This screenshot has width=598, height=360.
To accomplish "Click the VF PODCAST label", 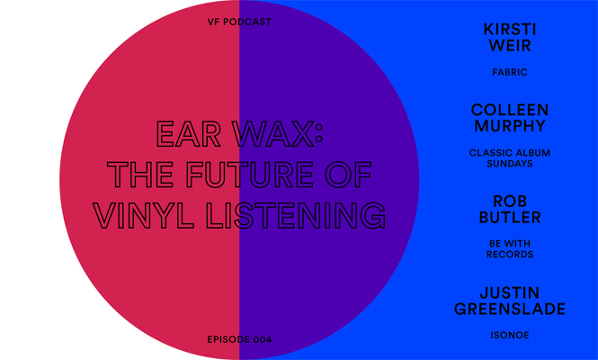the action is tap(239, 22).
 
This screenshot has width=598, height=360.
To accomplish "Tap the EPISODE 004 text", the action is tap(239, 339).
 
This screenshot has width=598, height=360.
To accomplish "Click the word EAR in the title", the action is tap(189, 134).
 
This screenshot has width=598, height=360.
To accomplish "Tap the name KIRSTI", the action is tap(510, 30).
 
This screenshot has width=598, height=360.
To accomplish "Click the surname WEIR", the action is tap(510, 45).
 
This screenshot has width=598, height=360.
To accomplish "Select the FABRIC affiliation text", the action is tap(510, 72).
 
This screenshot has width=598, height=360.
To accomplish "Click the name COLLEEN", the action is tap(510, 110).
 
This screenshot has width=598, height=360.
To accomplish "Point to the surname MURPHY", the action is tap(510, 126).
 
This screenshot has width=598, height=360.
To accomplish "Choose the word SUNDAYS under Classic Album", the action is tap(510, 164).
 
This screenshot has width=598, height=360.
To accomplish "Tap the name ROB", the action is tap(510, 202).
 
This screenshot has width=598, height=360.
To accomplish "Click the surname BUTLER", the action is tap(510, 217).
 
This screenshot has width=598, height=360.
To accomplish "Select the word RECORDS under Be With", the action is tap(510, 255).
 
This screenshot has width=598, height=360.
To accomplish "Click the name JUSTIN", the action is tap(510, 293).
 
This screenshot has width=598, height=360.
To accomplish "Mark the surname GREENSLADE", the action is tap(510, 309).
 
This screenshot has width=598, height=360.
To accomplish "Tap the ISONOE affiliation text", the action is tap(510, 335).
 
